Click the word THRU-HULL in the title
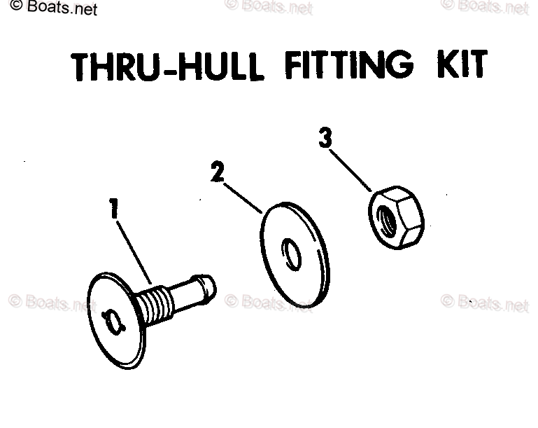point(167,67)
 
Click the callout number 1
point(114,208)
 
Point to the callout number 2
point(218,172)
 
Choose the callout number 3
point(325,138)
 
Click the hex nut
point(396,217)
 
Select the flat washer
point(295,254)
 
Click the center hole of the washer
point(291,254)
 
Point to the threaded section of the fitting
point(154,303)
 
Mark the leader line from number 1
point(134,252)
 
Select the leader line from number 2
point(243,198)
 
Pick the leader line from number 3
point(351,170)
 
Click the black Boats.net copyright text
point(54,7)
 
